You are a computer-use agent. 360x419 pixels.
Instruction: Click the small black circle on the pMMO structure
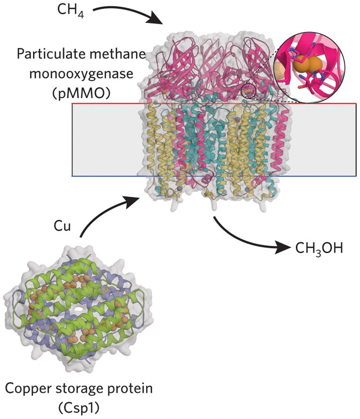[x=248, y=91]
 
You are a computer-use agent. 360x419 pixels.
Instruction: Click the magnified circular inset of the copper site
[x=309, y=68]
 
